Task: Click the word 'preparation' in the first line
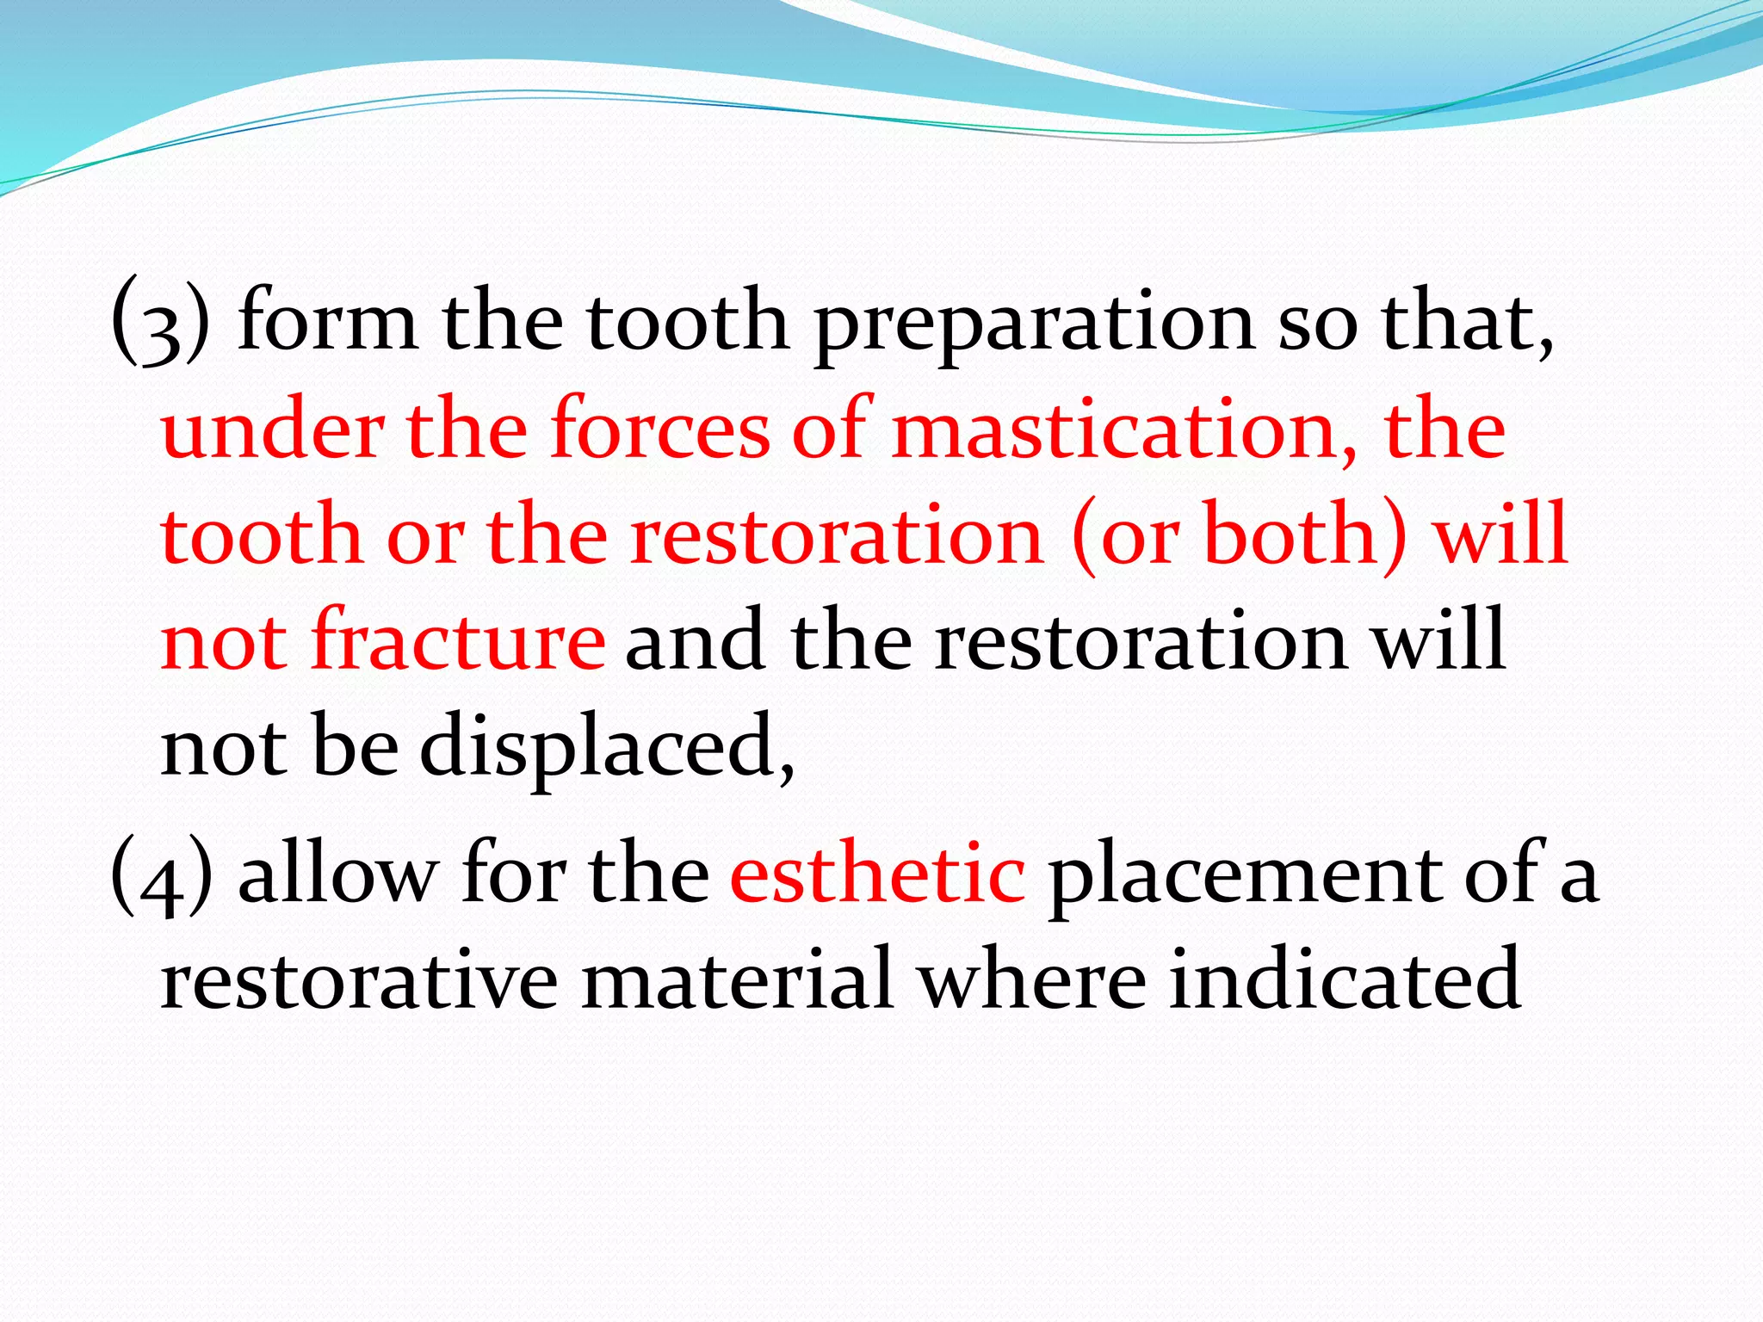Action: point(1034,323)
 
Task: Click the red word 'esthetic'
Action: point(877,874)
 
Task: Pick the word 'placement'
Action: point(1245,874)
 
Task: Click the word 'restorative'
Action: point(359,979)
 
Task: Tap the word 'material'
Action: point(737,979)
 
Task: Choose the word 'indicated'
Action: point(1345,979)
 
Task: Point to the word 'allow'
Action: point(337,874)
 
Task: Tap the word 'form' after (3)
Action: point(327,323)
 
